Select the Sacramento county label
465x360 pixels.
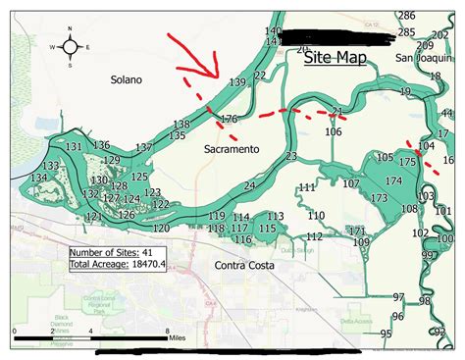tap(232, 149)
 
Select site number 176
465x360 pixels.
tap(229, 120)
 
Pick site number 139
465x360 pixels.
tap(236, 83)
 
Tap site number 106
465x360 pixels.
tap(334, 131)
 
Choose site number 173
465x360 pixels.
tap(380, 198)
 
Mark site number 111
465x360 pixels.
tap(307, 187)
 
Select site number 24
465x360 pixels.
tap(249, 185)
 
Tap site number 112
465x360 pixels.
tap(314, 236)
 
